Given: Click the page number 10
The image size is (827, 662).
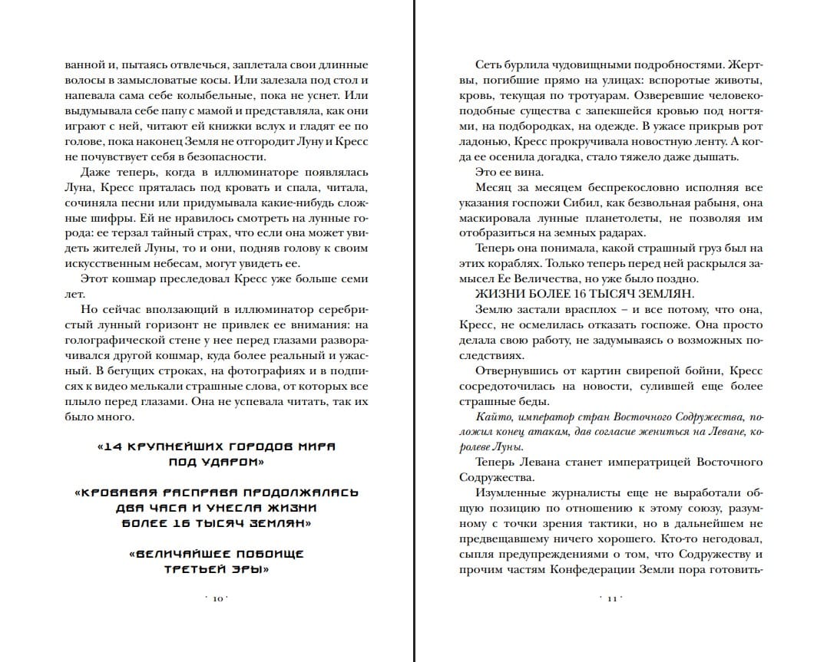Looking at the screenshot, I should (217, 598).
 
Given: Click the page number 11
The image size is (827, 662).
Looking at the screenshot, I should (612, 598).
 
